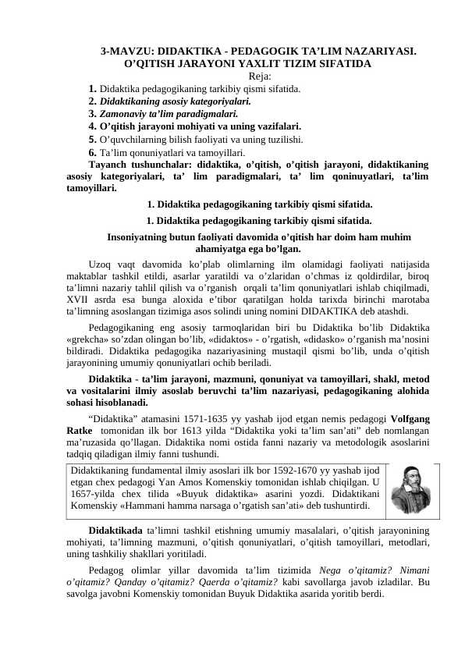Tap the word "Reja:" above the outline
pos(260,76)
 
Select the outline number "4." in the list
pos(93,126)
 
